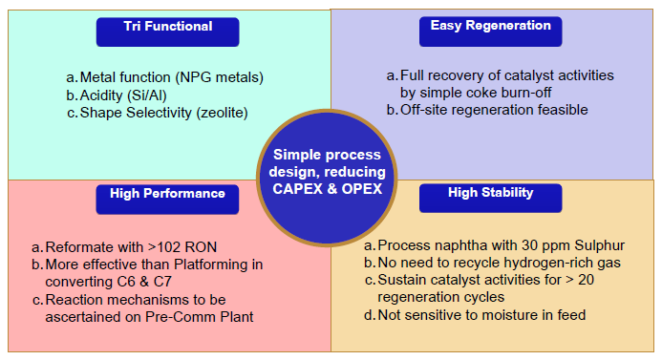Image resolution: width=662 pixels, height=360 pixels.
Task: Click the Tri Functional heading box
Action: (167, 29)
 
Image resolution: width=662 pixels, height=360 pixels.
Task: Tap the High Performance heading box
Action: (167, 195)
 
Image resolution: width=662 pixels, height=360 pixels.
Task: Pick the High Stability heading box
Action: (490, 195)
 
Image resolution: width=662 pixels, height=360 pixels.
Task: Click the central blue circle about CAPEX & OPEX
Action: (329, 179)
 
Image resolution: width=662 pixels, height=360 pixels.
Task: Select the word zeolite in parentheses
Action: (220, 113)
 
